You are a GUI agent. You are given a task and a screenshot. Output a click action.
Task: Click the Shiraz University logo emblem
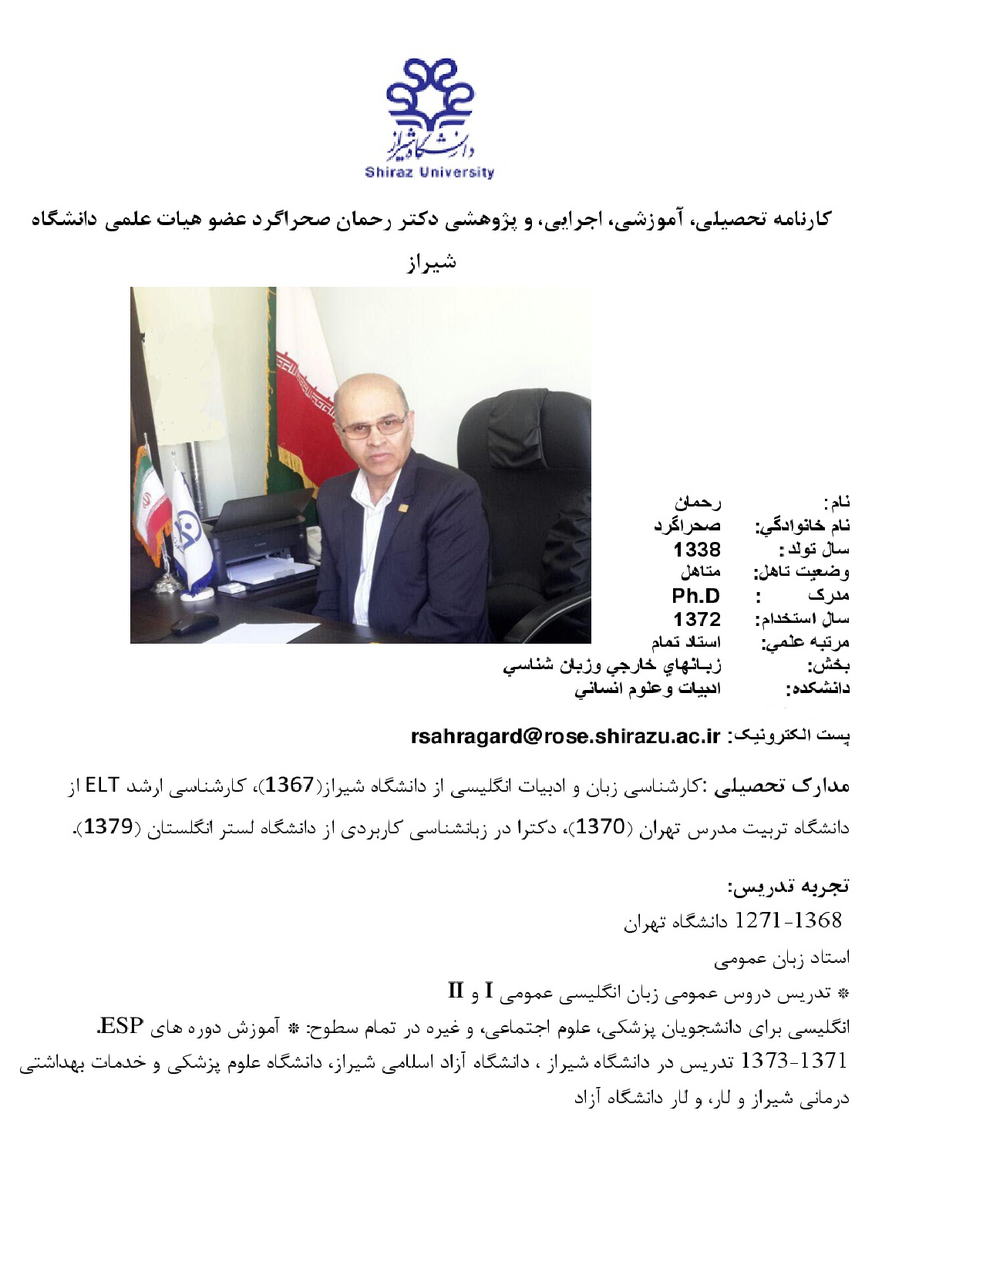point(429,108)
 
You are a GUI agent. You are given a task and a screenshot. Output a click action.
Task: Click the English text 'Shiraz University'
point(429,173)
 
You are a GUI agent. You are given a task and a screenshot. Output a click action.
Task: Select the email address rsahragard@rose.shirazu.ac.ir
point(565,736)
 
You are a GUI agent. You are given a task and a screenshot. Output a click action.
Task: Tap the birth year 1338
point(696,550)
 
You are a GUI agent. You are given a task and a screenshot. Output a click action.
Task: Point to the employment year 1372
point(696,619)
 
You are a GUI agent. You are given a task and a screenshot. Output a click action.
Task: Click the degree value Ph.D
point(695,596)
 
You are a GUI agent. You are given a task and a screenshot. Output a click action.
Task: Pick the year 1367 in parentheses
point(290,786)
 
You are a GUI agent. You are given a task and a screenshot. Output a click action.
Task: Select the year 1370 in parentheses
point(601,827)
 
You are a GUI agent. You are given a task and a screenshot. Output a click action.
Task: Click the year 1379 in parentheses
point(108,827)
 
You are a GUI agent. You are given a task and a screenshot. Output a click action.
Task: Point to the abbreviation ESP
point(122,1026)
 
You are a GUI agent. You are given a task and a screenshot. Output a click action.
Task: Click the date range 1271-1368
point(788,920)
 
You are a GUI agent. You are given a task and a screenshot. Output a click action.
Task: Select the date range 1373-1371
point(793,1062)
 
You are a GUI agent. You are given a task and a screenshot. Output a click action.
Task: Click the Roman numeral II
point(456,991)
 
